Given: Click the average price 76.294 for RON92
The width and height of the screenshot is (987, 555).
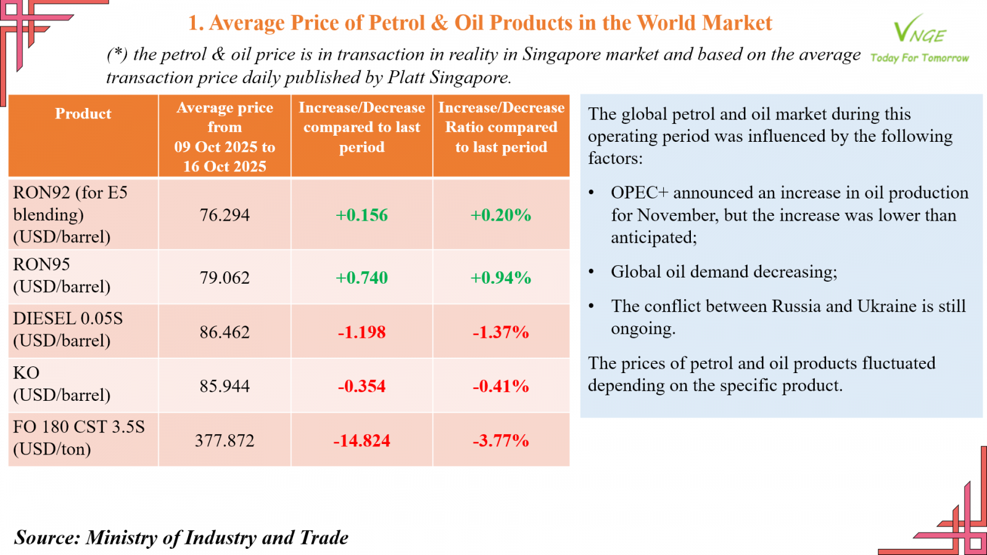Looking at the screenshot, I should point(225,215).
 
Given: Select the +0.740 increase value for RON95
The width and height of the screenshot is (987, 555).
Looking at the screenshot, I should point(361,278).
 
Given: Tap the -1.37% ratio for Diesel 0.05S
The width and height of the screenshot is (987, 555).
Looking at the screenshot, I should point(501,332).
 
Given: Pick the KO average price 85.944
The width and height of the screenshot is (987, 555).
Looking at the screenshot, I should point(225,387).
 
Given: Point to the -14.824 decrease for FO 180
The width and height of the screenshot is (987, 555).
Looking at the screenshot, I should point(361,441).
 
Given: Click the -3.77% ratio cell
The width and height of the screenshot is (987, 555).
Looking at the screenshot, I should point(501,441).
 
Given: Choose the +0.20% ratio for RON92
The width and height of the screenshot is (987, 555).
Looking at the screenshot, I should point(501,215).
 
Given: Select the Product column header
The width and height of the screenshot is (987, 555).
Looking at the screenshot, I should point(83,114).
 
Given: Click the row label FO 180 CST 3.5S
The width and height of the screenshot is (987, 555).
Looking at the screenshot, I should point(79,427).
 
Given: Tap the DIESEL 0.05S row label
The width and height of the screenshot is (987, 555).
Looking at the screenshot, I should point(68,318).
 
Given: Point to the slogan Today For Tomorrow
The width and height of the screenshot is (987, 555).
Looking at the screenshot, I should point(919,58).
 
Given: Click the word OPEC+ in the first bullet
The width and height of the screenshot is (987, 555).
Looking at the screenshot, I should point(639,193).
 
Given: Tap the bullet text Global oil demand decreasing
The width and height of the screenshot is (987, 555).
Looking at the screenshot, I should point(724,272).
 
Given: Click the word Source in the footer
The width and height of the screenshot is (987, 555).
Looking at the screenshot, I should point(47,538).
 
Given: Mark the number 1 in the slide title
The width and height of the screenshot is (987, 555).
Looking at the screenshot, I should point(194,23).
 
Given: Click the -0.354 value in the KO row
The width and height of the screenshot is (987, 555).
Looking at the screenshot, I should point(361,387).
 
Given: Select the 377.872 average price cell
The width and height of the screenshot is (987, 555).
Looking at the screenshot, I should point(225,441).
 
